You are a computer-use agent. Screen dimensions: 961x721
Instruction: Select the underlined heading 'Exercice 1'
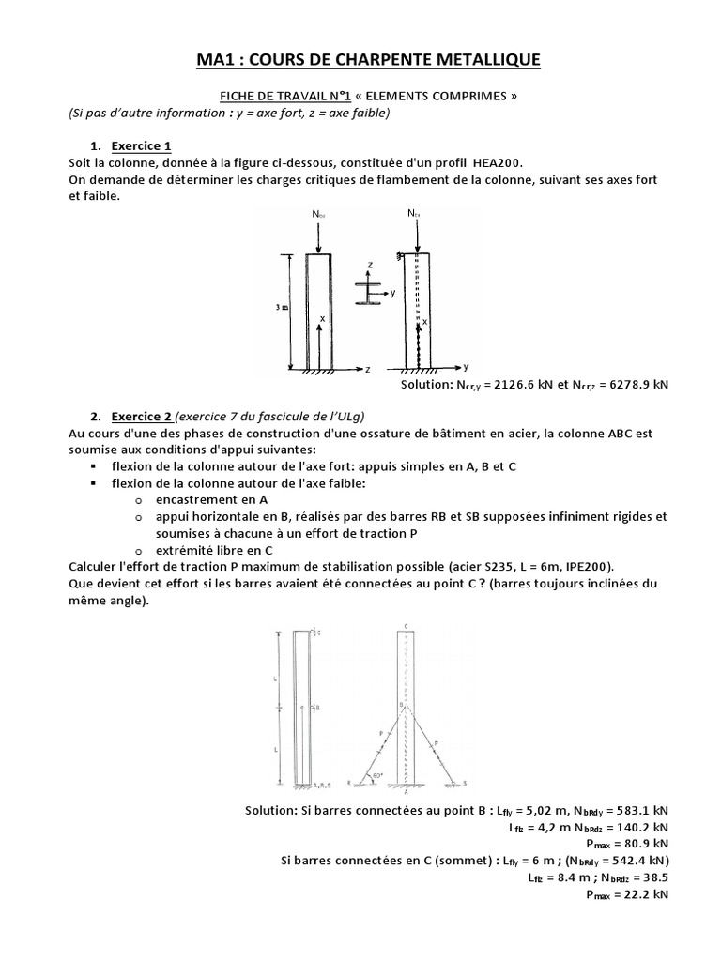click(141, 146)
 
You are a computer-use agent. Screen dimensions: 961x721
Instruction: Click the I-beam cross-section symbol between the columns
click(368, 292)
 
